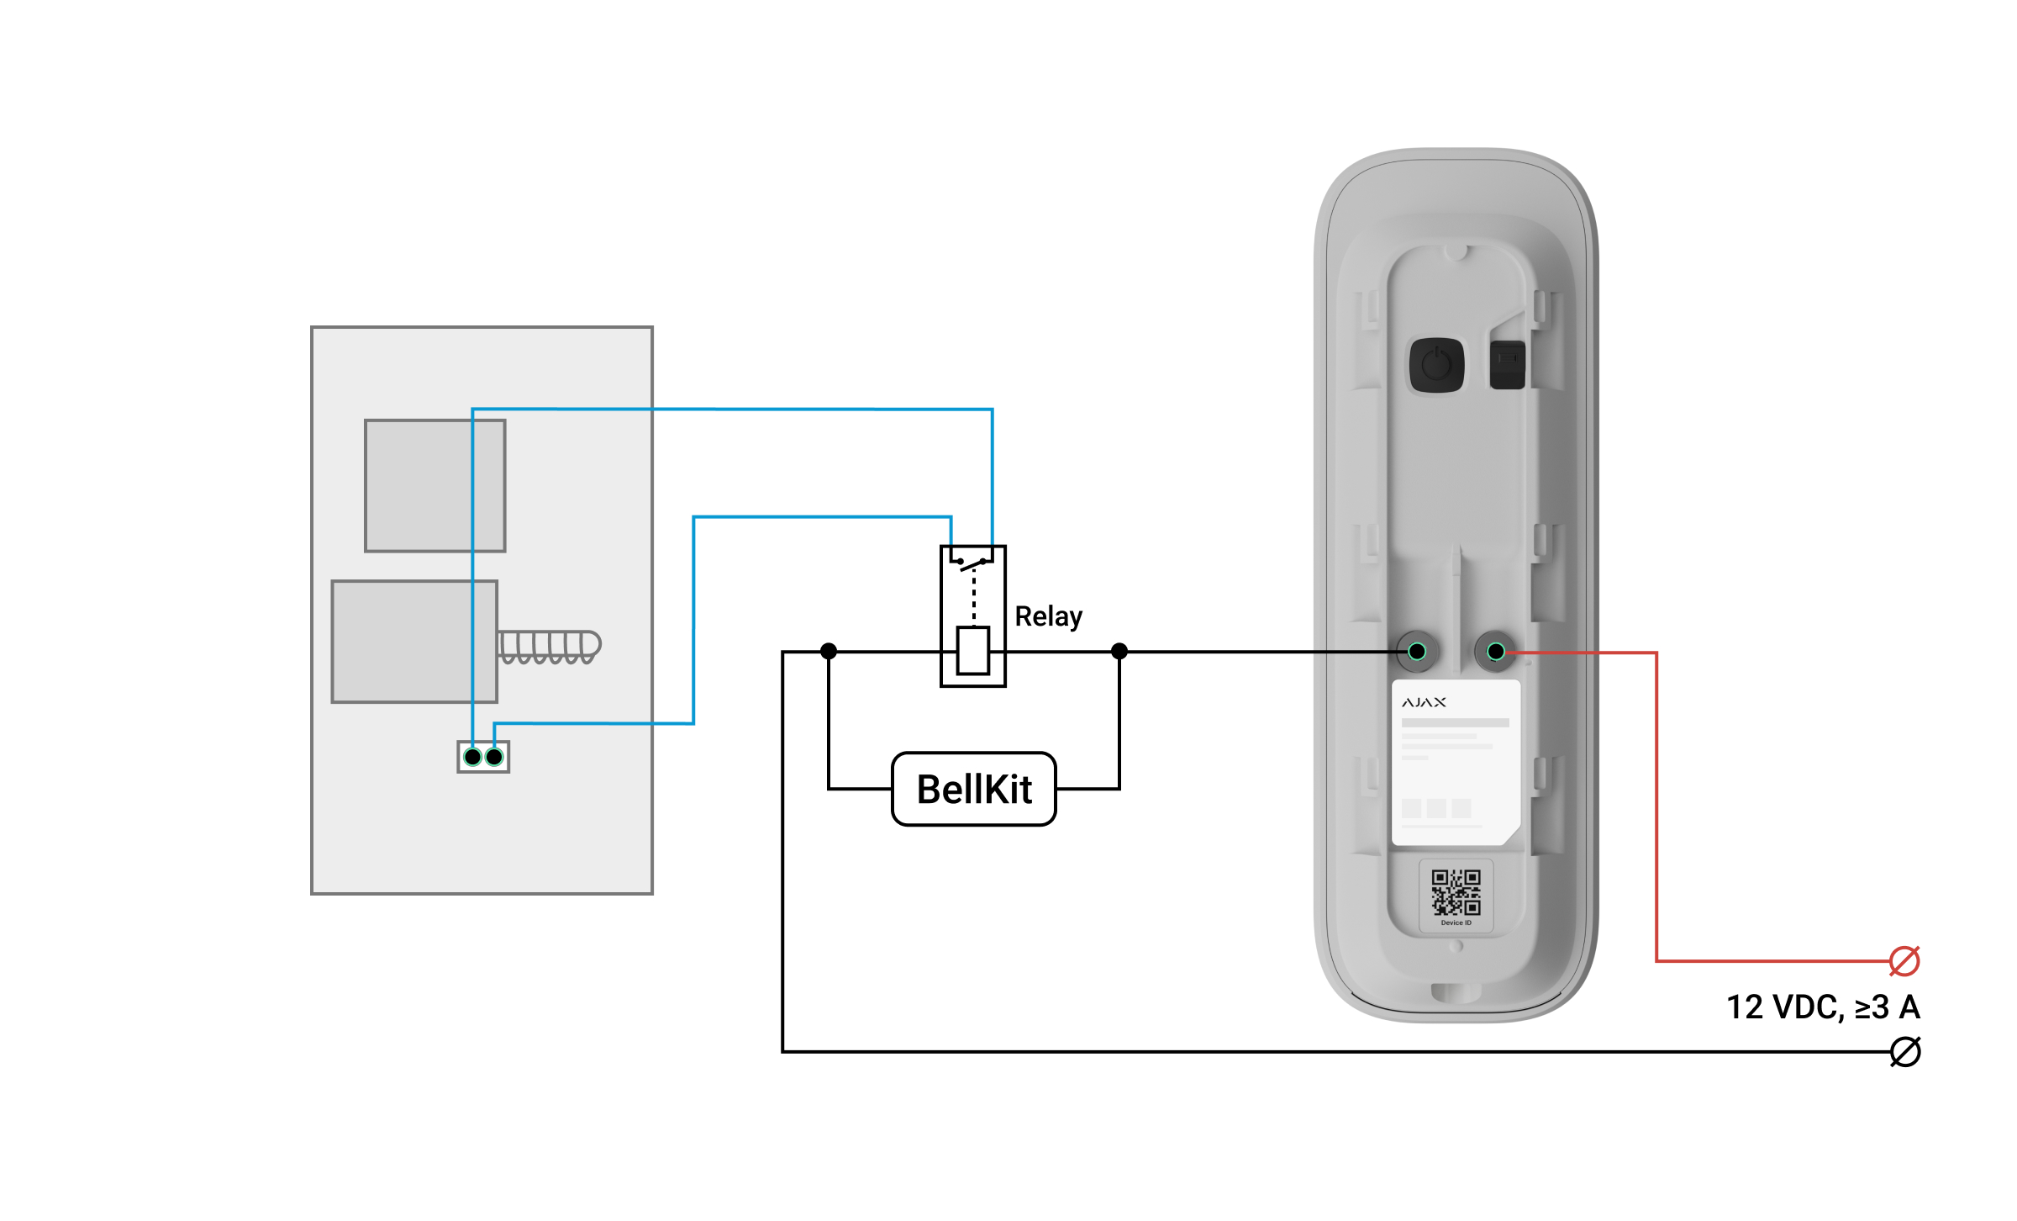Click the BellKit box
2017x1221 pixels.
[973, 789]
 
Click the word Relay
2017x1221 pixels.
[1048, 616]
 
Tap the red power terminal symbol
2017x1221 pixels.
[1904, 960]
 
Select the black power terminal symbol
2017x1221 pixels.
[1905, 1052]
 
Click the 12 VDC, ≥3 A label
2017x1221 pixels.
[1823, 1007]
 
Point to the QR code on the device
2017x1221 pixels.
[1456, 893]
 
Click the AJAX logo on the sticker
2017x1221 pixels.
[1424, 702]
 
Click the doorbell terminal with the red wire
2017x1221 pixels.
[1496, 651]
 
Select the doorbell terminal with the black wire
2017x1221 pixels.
[1417, 651]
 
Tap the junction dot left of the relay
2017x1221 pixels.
[829, 651]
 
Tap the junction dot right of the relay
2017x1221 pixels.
[1119, 651]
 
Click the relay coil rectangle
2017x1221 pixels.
[973, 650]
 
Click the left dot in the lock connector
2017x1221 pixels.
[473, 757]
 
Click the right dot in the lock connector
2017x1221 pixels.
[494, 757]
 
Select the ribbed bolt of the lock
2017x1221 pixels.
[549, 647]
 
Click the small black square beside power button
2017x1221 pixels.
[1508, 365]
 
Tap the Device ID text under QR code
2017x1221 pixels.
[1456, 922]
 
